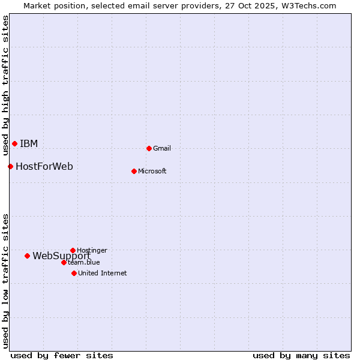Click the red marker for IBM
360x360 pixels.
tap(14, 143)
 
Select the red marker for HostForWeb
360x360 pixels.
tap(10, 166)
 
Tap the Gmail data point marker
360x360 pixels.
tap(149, 148)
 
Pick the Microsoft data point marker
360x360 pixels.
tap(134, 171)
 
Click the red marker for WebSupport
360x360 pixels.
tap(27, 256)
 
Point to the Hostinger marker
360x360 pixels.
tap(73, 250)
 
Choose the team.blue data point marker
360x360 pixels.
tap(64, 262)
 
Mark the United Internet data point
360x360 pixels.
tap(74, 273)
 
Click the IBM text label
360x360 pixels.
tap(29, 143)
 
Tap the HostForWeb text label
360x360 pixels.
tap(44, 166)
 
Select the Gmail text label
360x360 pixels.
tap(162, 148)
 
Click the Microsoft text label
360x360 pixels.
tap(152, 171)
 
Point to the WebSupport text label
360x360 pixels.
tap(61, 256)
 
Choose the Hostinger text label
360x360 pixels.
tap(92, 250)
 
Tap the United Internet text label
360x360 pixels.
tap(103, 273)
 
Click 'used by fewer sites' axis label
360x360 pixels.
tap(62, 355)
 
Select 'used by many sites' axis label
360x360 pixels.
tap(301, 355)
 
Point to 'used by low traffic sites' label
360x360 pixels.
tap(5, 281)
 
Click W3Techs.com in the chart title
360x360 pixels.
tap(311, 5)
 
